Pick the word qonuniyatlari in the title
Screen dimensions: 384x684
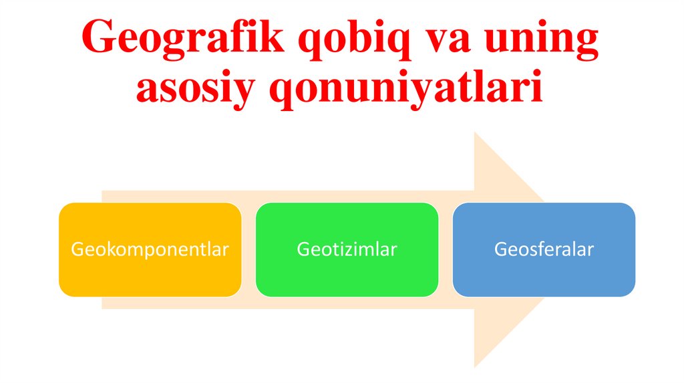(404, 90)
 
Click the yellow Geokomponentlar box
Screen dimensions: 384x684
(150, 250)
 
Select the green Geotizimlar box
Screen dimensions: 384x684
(347, 250)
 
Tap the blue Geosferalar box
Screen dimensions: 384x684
(544, 250)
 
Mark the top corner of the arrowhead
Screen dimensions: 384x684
(475, 133)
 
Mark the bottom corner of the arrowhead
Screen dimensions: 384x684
(475, 367)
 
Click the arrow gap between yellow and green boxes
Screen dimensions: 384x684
(248, 250)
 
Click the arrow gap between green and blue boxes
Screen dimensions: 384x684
(446, 250)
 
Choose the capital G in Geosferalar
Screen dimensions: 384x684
(499, 250)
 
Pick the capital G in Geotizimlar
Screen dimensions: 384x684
(302, 250)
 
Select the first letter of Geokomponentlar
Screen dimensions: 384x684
(76, 250)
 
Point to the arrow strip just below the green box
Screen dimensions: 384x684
(347, 302)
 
